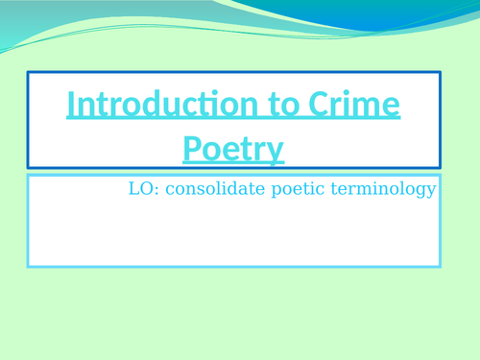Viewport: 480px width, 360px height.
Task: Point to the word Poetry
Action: (x=233, y=149)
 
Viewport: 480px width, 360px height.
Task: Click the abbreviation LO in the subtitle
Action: (x=140, y=189)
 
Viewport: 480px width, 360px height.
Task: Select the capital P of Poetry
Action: (x=190, y=149)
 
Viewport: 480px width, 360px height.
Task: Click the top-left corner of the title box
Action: (x=28, y=72)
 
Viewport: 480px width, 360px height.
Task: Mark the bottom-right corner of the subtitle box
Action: (x=440, y=266)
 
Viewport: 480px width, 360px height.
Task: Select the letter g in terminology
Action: (x=420, y=191)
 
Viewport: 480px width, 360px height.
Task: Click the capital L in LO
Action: (x=133, y=189)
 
